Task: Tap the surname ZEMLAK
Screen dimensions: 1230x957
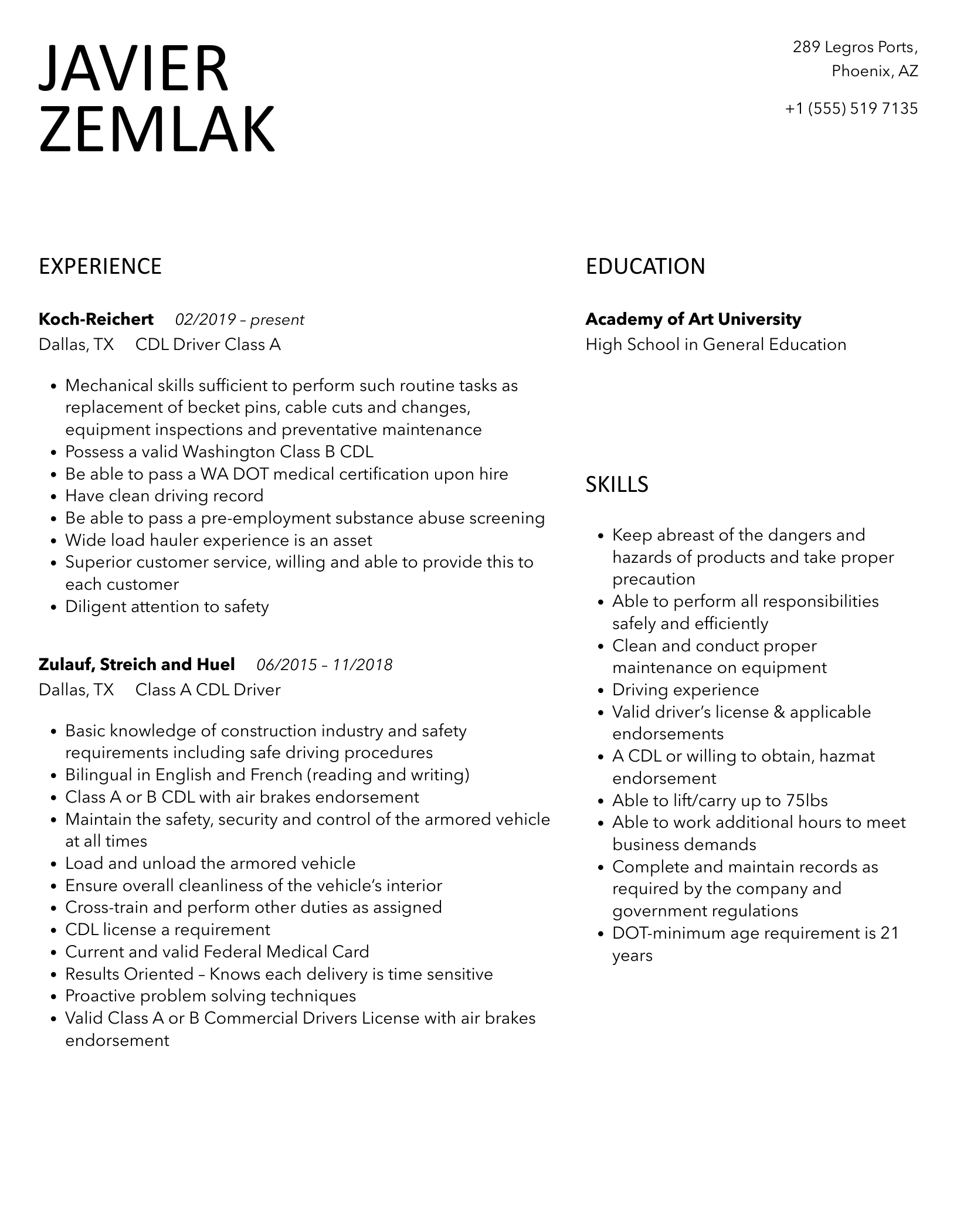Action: [157, 129]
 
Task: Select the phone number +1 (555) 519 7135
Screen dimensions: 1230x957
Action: [851, 108]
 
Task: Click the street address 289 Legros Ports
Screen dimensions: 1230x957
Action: [854, 47]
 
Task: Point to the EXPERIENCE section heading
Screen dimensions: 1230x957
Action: [100, 267]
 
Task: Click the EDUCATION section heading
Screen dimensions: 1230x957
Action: [645, 267]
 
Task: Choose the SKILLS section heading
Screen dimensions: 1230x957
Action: [617, 485]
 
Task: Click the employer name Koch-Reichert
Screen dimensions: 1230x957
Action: [96, 320]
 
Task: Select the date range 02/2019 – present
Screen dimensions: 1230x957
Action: [239, 320]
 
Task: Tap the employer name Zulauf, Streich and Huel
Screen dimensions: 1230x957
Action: [137, 664]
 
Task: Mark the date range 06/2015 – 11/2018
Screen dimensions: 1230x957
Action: [324, 665]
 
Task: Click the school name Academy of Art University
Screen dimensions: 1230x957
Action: [693, 320]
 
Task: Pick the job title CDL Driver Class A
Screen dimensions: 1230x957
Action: [208, 345]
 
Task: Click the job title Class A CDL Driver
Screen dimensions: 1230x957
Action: [208, 690]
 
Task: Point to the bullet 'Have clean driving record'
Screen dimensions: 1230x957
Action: [164, 496]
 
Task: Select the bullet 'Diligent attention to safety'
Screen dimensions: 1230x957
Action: [167, 607]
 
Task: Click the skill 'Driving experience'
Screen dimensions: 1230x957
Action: [685, 690]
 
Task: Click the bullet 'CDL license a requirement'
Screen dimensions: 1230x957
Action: [168, 930]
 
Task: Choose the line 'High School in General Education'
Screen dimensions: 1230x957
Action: [716, 345]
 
